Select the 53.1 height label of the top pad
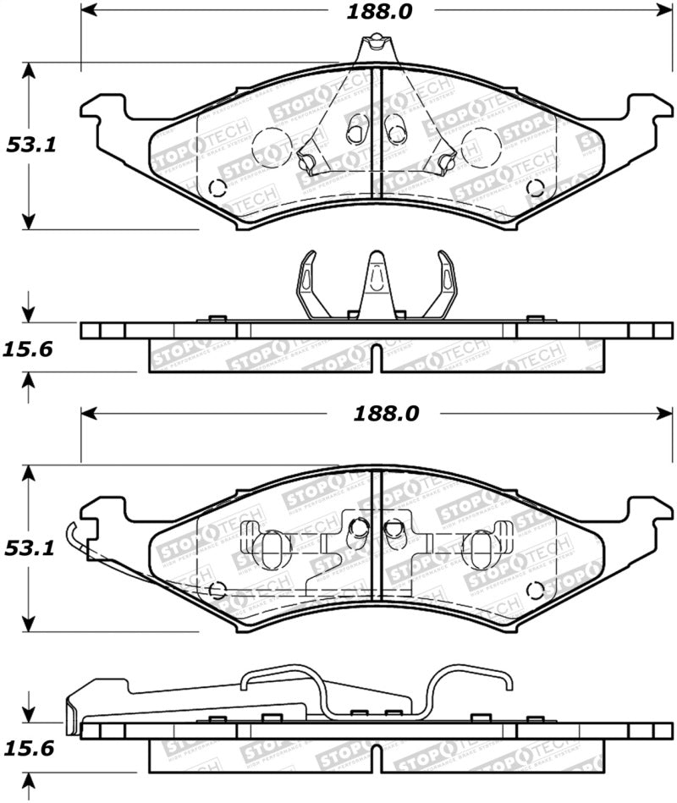(x=32, y=145)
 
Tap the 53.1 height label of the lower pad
(x=32, y=548)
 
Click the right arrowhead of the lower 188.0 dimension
(x=663, y=415)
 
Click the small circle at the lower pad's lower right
(x=533, y=590)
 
